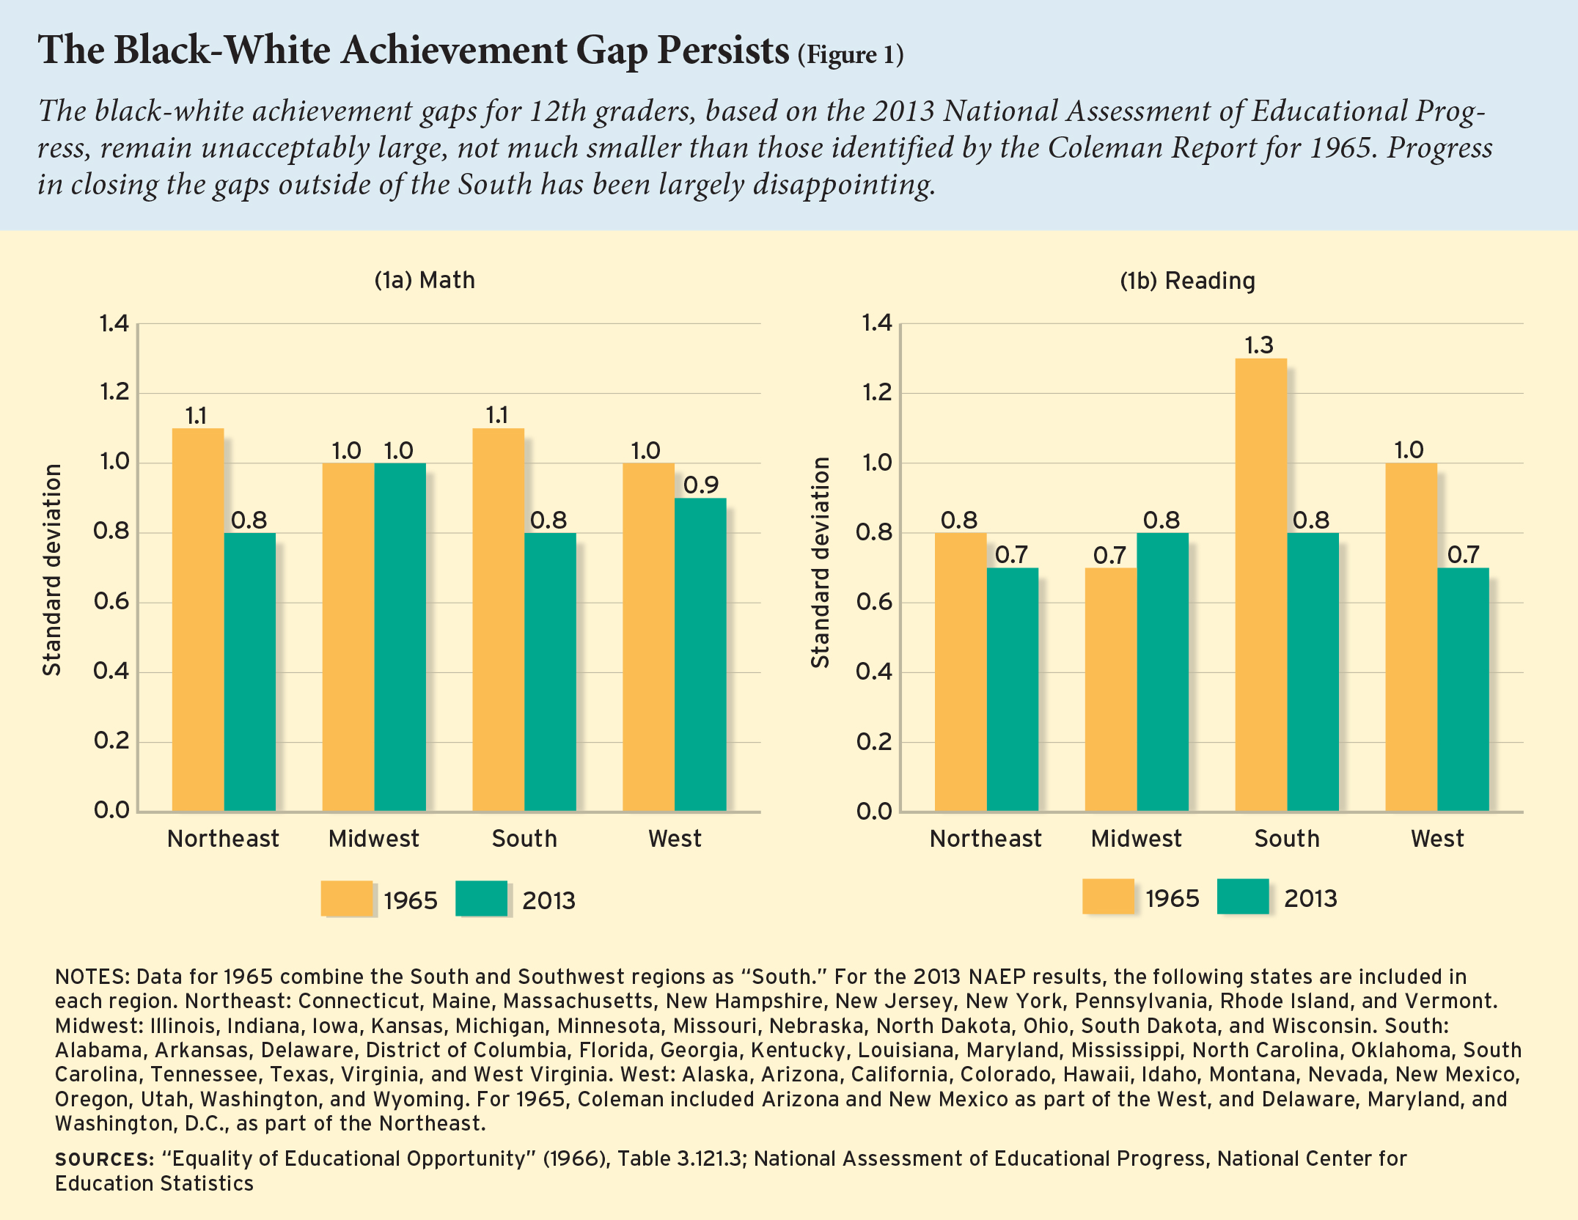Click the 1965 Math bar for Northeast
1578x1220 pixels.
[198, 620]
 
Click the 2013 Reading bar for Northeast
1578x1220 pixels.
[1012, 689]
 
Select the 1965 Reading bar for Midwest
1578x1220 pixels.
[1110, 689]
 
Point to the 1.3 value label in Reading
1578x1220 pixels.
[1259, 345]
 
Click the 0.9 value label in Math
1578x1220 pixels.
[701, 485]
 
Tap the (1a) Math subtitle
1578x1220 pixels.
[425, 280]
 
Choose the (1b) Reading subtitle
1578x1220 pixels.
[1187, 281]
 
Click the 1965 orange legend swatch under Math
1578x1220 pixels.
[346, 898]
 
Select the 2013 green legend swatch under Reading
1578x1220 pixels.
[1242, 896]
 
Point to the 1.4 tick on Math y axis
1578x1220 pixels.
[114, 323]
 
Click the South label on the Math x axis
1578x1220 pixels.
[524, 839]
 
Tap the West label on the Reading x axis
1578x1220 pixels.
[1437, 839]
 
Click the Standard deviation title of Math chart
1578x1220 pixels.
[52, 570]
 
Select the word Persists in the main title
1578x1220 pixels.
[722, 51]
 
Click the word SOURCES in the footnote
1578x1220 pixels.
[103, 1159]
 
